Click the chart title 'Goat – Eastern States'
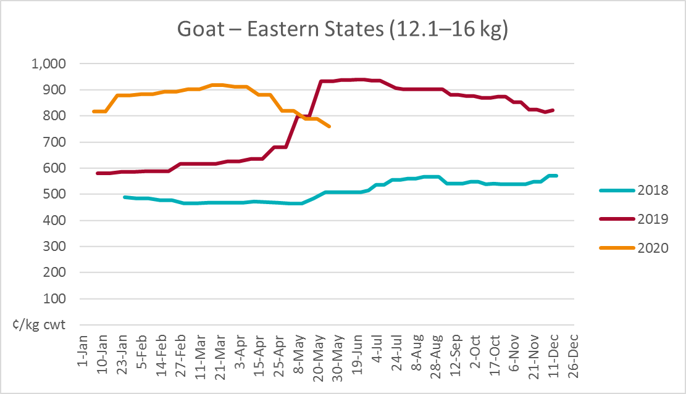pyautogui.click(x=343, y=30)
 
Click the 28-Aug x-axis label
pyautogui.click(x=437, y=353)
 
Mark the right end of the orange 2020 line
pyautogui.click(x=330, y=126)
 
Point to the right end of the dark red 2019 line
pyautogui.click(x=553, y=110)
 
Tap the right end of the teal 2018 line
pyautogui.click(x=557, y=176)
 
